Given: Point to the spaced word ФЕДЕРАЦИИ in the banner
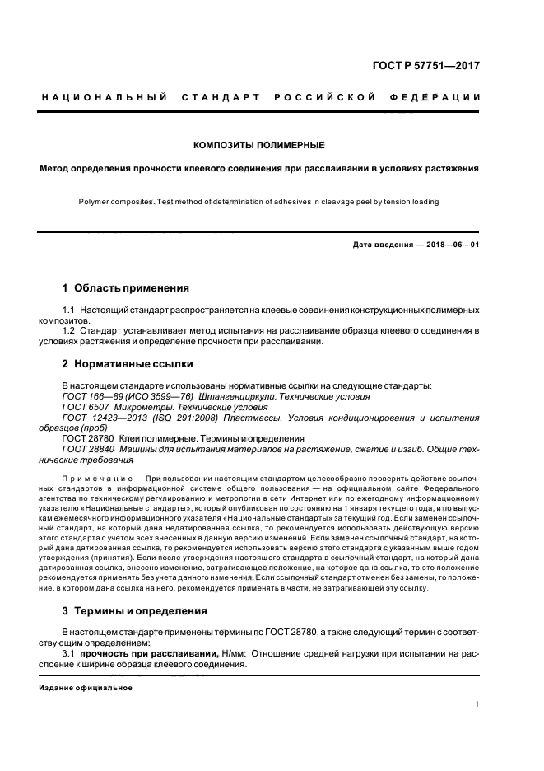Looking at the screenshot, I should (440, 99).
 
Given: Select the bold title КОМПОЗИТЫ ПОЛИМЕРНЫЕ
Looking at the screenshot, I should (258, 145).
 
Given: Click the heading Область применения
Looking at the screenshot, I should (132, 288).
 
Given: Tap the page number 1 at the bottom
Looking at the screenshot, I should (477, 704).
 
